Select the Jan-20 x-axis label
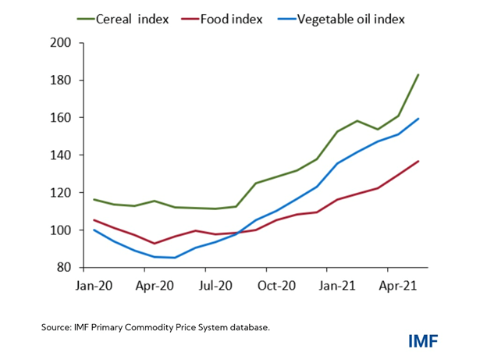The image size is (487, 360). (94, 287)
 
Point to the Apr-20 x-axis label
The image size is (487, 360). (154, 287)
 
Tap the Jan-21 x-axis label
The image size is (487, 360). (337, 287)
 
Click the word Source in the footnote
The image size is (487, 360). (57, 327)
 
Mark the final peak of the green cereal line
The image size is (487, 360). (418, 75)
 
